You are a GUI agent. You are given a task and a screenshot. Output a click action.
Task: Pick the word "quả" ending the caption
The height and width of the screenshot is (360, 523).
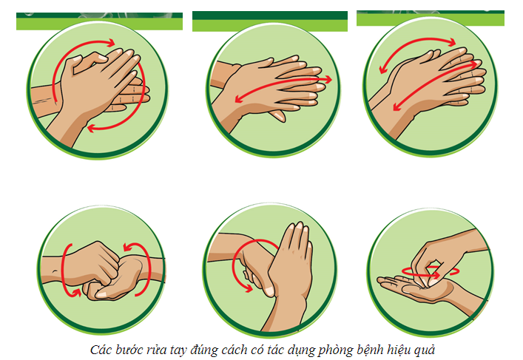click(425, 350)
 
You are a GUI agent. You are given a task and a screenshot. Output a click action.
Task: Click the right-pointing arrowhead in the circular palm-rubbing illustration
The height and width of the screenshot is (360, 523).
click(111, 43)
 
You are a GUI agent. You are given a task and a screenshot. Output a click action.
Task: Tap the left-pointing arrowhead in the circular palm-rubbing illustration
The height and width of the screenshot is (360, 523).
click(92, 128)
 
